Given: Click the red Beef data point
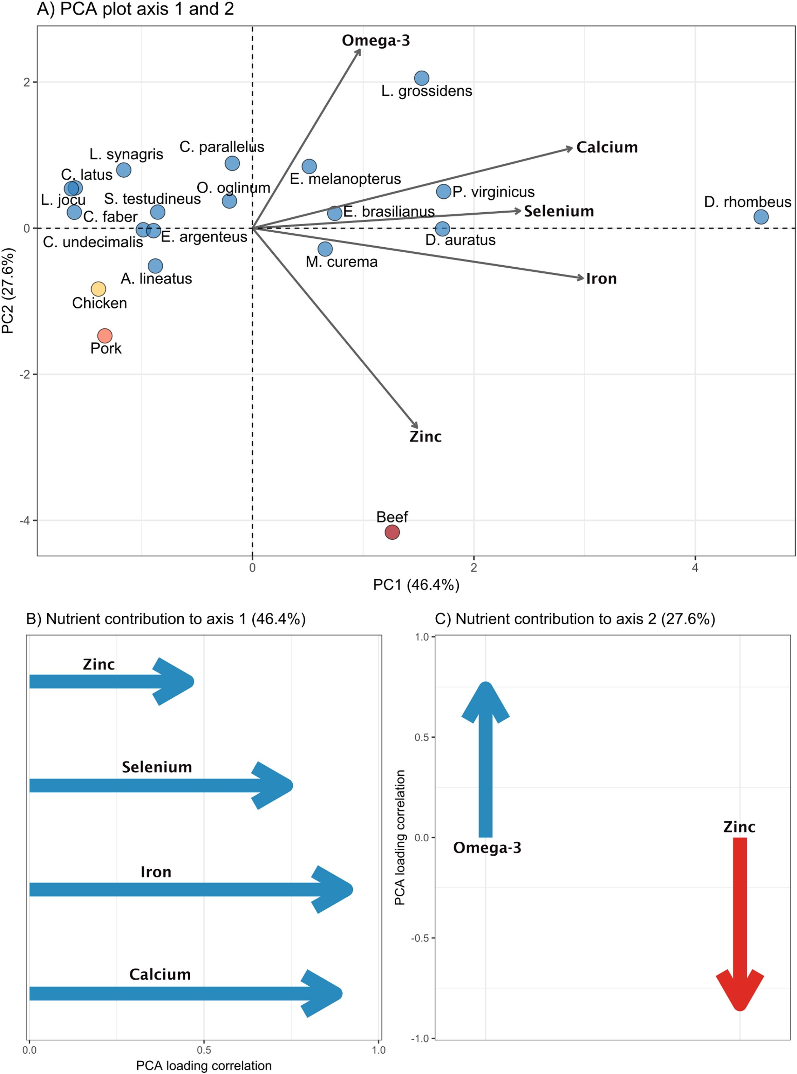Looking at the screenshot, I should click(x=392, y=532).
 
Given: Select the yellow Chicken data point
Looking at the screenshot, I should click(x=99, y=289).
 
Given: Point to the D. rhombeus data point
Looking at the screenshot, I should click(x=761, y=217).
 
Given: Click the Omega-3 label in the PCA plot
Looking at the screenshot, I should click(x=376, y=41).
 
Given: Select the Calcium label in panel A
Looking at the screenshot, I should click(x=607, y=147).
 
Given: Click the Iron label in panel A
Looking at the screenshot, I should click(x=601, y=279).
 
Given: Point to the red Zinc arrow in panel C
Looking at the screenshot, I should click(x=739, y=917).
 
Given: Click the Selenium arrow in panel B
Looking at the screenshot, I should click(x=159, y=785).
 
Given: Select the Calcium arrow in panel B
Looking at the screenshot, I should click(x=183, y=993).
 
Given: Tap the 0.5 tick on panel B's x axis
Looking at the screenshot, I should click(x=204, y=1050).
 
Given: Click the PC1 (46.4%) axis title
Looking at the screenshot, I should click(x=416, y=585).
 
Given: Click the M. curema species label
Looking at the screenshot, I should click(x=342, y=262).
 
